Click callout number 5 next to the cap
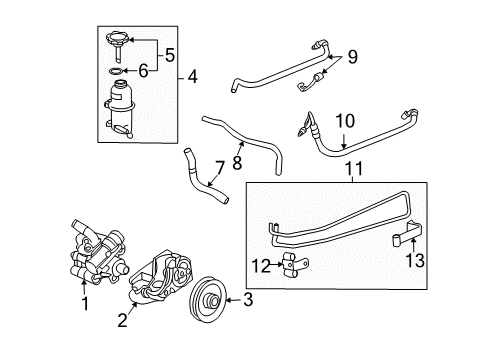[169, 53]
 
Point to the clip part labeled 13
[409, 239]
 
